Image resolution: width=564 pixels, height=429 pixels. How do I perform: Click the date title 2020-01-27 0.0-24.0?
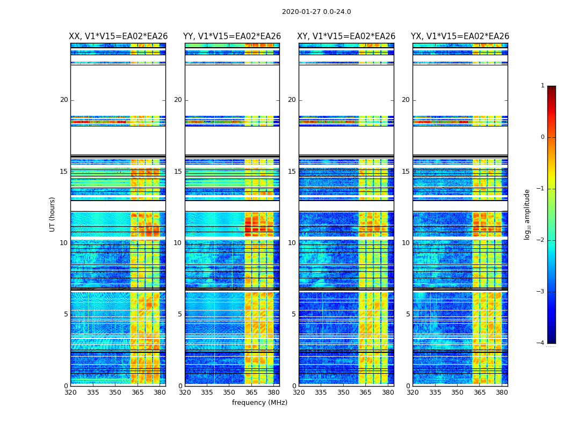(316, 12)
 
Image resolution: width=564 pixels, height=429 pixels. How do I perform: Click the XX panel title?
(118, 36)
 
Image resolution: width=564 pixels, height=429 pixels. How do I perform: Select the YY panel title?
(232, 36)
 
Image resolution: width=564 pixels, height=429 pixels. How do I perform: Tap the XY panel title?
(346, 36)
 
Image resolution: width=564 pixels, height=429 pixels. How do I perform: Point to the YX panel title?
(460, 36)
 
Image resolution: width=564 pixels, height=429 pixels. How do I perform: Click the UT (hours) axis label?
(53, 214)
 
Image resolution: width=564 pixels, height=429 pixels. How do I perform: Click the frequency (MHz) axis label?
(259, 403)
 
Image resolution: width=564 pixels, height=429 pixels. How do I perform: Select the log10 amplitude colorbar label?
(527, 214)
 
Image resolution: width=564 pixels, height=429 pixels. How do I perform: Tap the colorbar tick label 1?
(543, 86)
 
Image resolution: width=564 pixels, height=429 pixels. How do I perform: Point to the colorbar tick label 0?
(543, 137)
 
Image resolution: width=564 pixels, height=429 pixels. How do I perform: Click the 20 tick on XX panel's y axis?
(64, 100)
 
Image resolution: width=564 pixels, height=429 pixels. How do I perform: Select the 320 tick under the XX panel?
(70, 393)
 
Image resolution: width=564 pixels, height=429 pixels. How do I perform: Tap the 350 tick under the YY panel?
(229, 393)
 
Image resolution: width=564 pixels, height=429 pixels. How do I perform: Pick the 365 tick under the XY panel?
(365, 393)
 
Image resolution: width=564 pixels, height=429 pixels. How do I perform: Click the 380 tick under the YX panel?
(502, 393)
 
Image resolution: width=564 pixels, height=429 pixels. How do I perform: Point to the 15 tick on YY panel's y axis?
(178, 172)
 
